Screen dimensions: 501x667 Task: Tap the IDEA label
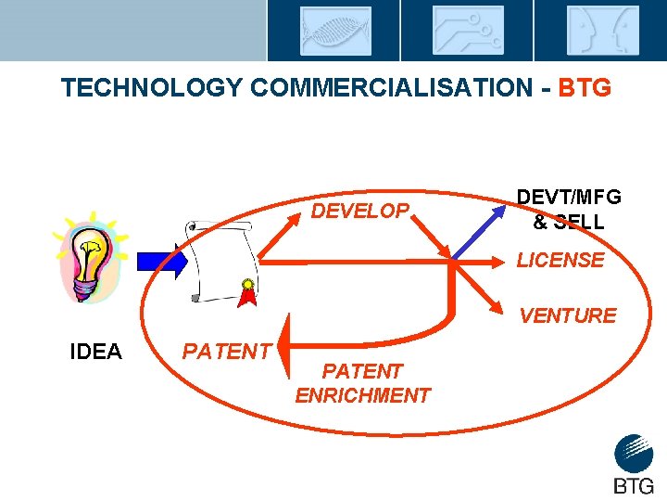[x=96, y=352]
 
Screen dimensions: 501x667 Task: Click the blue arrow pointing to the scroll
[x=162, y=263]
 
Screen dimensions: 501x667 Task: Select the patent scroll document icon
[x=220, y=262]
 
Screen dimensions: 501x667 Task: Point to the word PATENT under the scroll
[x=226, y=352]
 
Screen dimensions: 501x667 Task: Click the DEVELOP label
[x=359, y=211]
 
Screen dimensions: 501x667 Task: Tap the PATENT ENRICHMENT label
[x=362, y=383]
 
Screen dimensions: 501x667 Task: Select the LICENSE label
[x=560, y=261]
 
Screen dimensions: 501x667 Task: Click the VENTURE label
[x=567, y=315]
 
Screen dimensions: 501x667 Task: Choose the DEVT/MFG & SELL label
[x=569, y=209]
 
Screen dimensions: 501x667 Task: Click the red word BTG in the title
[x=585, y=88]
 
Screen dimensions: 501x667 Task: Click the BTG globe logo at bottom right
[x=634, y=454]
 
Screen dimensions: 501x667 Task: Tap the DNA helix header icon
[x=334, y=31]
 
